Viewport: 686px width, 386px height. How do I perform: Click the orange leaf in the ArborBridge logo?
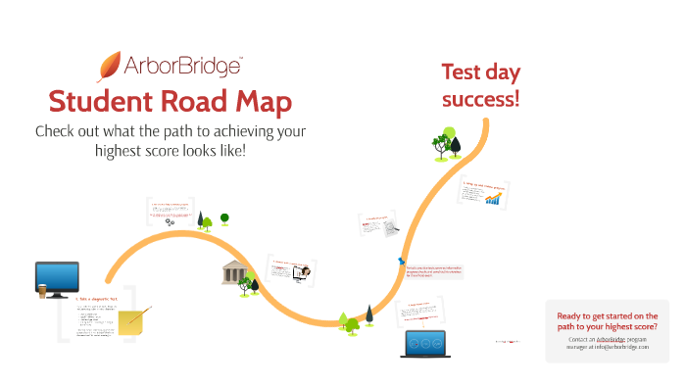109,65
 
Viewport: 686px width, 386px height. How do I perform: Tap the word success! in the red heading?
480,99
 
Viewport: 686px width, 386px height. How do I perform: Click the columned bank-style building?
234,272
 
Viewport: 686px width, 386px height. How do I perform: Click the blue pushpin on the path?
402,262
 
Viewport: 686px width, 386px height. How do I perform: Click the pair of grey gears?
171,222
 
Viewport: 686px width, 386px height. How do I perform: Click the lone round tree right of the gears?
224,217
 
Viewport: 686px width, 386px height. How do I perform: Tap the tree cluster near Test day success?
448,143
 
